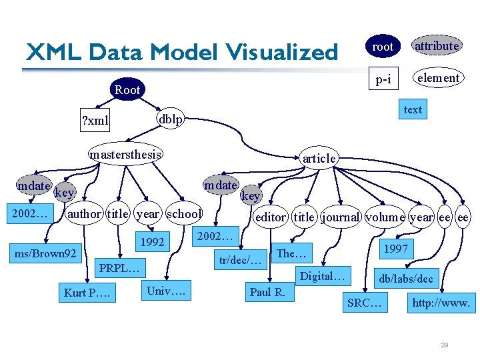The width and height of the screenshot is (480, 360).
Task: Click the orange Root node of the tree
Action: tap(127, 89)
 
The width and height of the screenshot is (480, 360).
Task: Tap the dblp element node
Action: tap(171, 118)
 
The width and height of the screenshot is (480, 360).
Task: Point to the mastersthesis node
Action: tap(126, 155)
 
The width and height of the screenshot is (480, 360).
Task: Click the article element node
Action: tap(319, 158)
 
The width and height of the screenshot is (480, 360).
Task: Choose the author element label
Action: tap(85, 214)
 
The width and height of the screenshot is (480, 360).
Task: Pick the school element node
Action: tap(184, 214)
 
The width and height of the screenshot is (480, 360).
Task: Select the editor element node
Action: tap(270, 217)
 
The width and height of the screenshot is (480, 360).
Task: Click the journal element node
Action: tap(341, 217)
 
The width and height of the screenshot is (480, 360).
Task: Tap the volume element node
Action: tap(385, 217)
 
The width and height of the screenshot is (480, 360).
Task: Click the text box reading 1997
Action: tap(395, 249)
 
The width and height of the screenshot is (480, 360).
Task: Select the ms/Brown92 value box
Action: tap(45, 253)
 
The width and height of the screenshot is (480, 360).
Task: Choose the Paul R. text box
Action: tap(267, 291)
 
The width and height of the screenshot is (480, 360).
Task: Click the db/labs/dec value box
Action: tap(406, 279)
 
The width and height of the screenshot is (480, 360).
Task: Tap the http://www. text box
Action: tap(441, 303)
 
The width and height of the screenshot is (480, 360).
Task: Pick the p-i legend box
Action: tap(383, 80)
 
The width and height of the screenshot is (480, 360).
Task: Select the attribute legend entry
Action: tap(437, 46)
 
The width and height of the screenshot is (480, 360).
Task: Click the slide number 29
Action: tap(444, 345)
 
